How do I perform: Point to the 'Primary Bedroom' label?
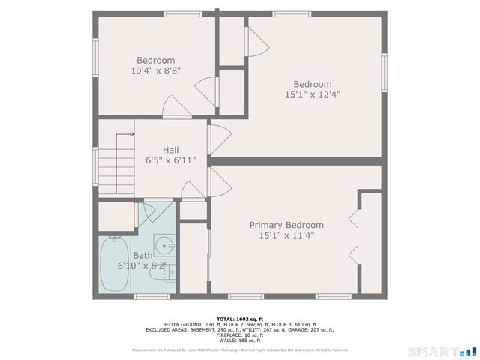click(286, 225)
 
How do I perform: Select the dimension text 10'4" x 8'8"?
click(155, 70)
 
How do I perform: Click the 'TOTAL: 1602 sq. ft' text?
click(239, 319)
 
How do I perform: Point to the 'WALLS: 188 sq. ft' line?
click(239, 340)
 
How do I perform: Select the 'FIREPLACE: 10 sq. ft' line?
click(239, 334)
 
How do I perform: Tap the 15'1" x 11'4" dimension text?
click(286, 235)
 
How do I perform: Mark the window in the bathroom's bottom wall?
click(151, 297)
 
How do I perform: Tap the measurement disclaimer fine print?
click(239, 349)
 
